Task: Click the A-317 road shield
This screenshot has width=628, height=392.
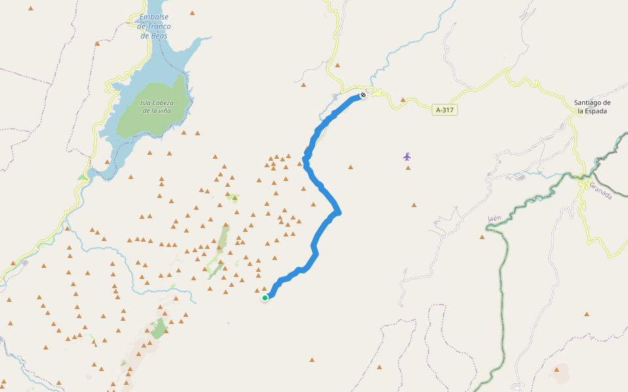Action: point(444,110)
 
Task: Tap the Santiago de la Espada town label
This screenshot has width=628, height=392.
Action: point(592,106)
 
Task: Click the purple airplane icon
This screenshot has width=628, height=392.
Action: point(407,156)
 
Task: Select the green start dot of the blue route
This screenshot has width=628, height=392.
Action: point(265,298)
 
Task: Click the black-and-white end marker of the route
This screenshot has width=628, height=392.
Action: point(363,95)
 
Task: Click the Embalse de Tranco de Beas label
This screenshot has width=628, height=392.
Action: point(154,27)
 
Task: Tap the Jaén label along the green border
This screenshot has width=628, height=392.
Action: point(494,218)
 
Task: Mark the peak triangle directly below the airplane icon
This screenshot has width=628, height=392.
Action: point(408,168)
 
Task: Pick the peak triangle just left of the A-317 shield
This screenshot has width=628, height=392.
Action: point(403,100)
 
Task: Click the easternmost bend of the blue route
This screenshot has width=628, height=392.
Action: point(338,212)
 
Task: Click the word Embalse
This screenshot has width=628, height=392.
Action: point(154,17)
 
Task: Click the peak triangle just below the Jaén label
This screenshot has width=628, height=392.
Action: point(482,237)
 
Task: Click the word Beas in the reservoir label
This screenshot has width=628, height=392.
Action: point(160,36)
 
